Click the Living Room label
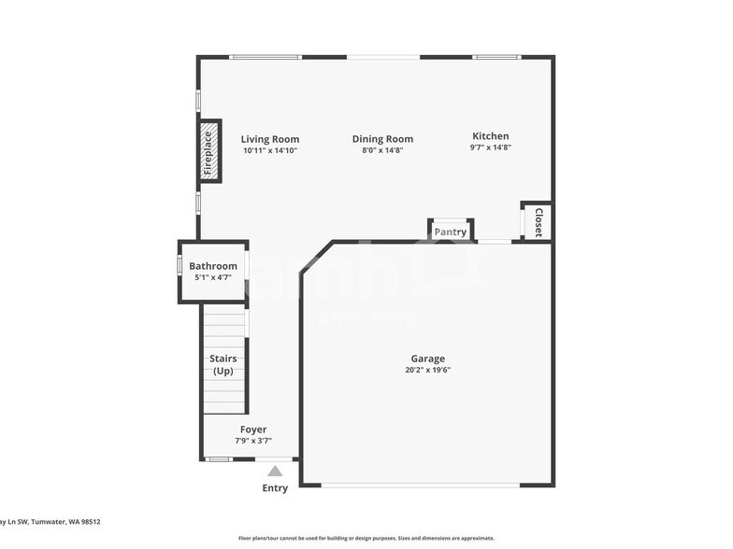tap(269, 139)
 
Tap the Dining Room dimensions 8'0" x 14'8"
tap(382, 149)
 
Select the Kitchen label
tap(490, 135)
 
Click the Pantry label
tap(450, 232)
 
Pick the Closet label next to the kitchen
tap(538, 222)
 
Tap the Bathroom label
tap(213, 266)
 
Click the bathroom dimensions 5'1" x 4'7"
tap(213, 277)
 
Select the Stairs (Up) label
tap(223, 365)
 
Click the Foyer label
tap(253, 429)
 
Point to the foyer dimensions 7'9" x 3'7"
tap(253, 441)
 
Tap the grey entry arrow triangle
tap(275, 472)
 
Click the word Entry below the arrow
tap(275, 488)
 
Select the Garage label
tap(428, 359)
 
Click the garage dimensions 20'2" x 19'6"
tap(428, 370)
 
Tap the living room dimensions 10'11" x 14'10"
tap(269, 150)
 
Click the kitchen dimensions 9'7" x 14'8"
tap(490, 147)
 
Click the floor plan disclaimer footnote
tap(366, 538)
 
